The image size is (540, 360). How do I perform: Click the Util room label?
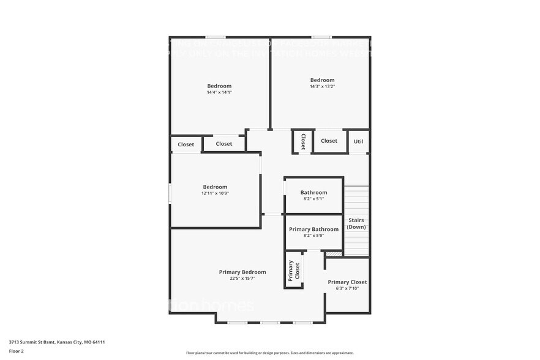pos(359,141)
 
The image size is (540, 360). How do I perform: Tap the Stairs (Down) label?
pos(356,223)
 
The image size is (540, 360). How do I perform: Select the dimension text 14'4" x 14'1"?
pos(219,92)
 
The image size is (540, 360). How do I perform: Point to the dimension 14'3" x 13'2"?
pos(322,86)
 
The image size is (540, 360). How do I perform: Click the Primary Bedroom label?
pos(242,272)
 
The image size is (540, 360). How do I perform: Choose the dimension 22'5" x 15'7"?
pos(242,279)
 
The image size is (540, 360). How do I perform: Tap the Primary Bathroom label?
pos(313,230)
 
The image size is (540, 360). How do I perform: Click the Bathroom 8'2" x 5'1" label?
pos(313,193)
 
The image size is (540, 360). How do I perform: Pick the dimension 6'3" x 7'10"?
pos(347,288)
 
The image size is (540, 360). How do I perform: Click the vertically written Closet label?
pos(302,141)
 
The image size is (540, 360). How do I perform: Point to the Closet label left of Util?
pos(329,141)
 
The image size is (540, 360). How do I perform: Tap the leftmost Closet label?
pos(186,144)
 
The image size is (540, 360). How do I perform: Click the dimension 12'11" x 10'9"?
pos(215,193)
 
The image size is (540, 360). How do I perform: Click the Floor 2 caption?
pos(17,351)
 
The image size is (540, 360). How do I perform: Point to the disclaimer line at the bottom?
pos(269,353)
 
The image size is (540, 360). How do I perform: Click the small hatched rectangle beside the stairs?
pos(333,253)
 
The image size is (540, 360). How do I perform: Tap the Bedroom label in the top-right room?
pos(322,80)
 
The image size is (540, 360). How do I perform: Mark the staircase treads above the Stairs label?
pos(356,199)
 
